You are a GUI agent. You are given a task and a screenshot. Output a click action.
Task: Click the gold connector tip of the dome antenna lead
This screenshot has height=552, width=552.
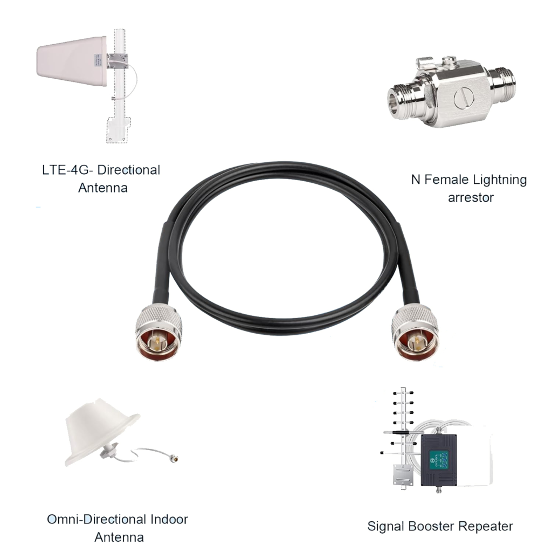click(x=176, y=459)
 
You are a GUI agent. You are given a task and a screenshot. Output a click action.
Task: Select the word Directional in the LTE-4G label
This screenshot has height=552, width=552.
click(x=129, y=170)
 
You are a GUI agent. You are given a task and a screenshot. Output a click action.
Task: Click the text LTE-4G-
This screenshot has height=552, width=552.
click(x=68, y=170)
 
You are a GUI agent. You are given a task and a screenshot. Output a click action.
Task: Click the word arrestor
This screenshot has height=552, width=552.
click(x=471, y=198)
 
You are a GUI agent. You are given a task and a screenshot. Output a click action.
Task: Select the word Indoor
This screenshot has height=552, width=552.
click(x=168, y=520)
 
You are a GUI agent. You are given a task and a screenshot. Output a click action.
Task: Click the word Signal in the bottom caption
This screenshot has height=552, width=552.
click(x=385, y=526)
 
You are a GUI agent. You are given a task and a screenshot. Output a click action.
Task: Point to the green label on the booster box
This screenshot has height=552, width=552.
click(x=437, y=459)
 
